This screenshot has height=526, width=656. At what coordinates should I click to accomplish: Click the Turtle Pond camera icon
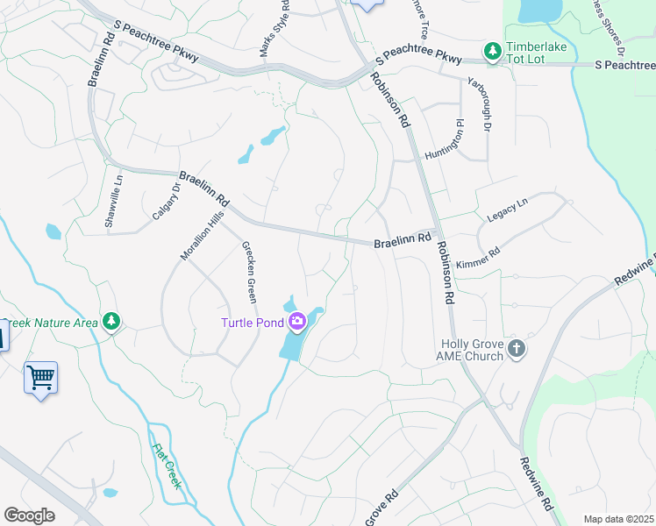pyautogui.click(x=297, y=323)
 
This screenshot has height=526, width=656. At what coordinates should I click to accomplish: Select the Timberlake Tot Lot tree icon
pyautogui.click(x=493, y=52)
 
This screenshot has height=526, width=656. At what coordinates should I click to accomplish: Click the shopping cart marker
pyautogui.click(x=40, y=378)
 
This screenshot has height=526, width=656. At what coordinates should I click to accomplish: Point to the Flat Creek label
pyautogui.click(x=168, y=466)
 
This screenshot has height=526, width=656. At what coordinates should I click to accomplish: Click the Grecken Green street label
pyautogui.click(x=249, y=273)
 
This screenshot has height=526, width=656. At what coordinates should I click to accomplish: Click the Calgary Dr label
pyautogui.click(x=166, y=202)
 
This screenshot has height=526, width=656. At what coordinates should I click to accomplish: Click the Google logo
pyautogui.click(x=30, y=515)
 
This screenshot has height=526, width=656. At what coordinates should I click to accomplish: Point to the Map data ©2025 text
pyautogui.click(x=619, y=519)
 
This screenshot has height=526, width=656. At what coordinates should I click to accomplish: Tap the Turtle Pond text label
pyautogui.click(x=252, y=323)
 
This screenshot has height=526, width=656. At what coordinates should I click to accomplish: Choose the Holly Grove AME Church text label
pyautogui.click(x=471, y=350)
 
